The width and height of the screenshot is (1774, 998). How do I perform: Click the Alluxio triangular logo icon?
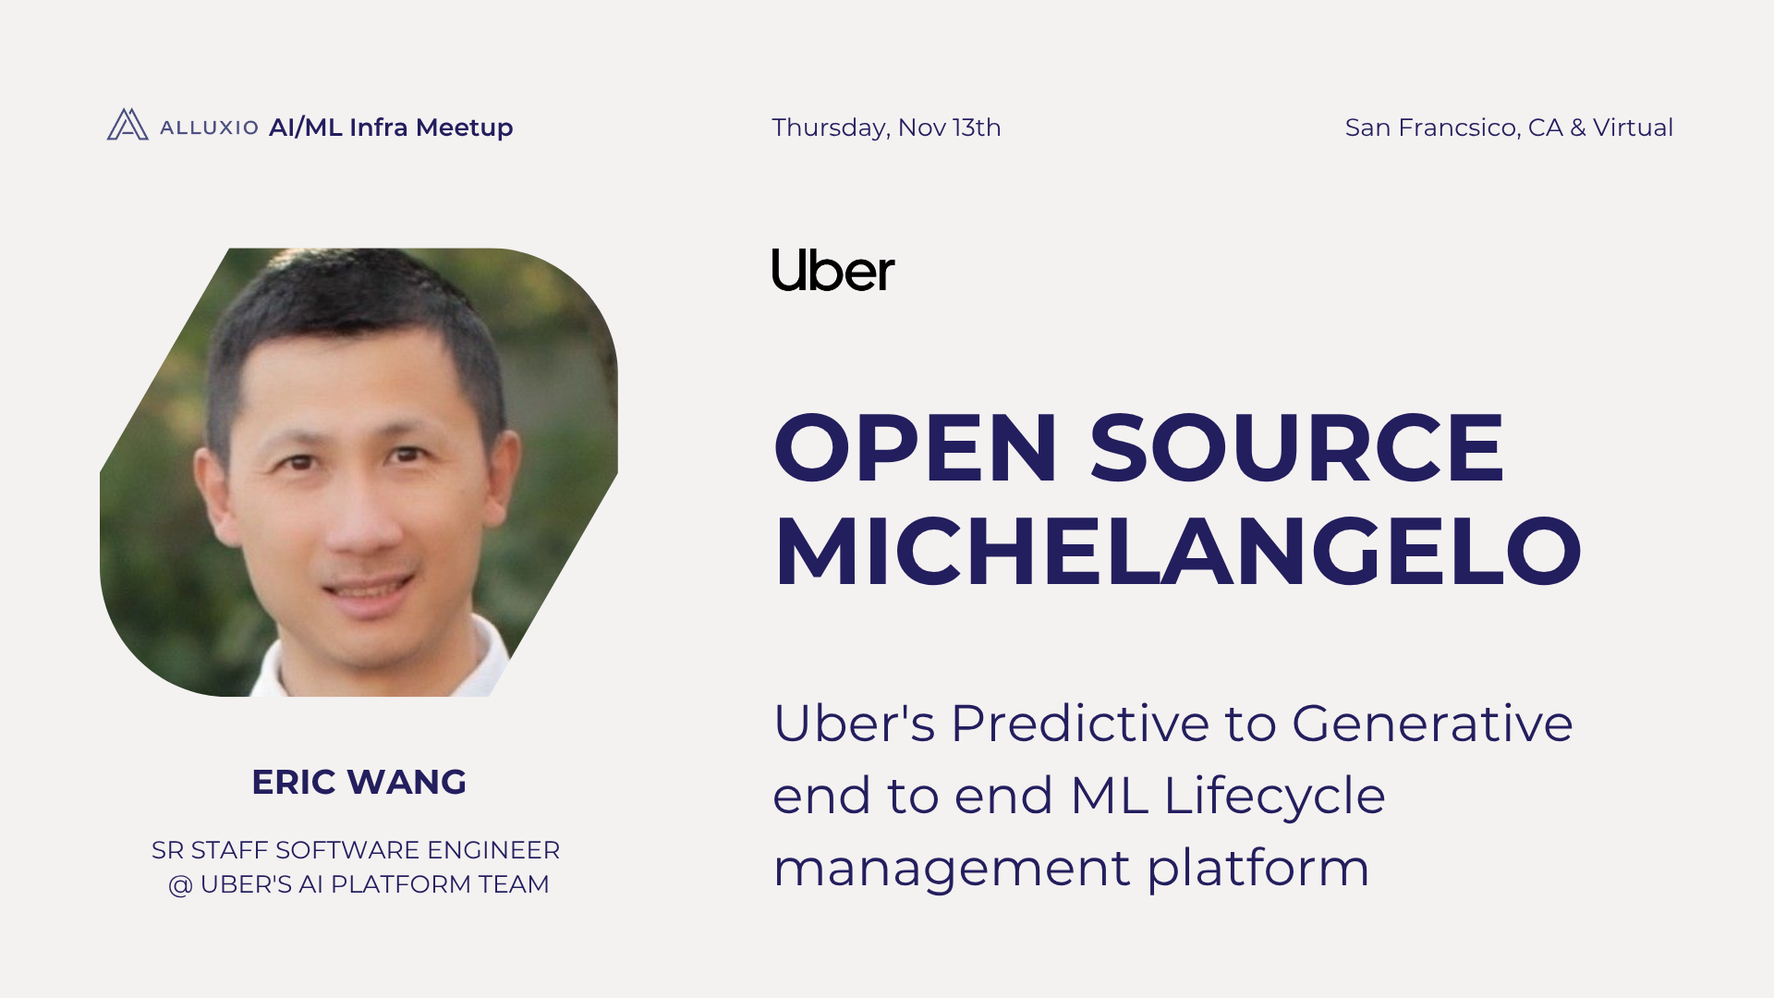point(128,125)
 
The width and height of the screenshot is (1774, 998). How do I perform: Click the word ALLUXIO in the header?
point(209,128)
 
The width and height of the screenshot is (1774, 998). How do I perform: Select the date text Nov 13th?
point(949,128)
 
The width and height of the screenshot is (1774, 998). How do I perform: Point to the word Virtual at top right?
point(1633,128)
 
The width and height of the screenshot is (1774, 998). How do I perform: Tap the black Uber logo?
point(832,270)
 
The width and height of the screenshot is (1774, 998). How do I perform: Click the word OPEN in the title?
point(915,448)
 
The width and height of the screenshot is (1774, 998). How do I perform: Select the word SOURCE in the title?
point(1297,448)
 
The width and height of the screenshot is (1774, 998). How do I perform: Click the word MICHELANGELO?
point(1177,553)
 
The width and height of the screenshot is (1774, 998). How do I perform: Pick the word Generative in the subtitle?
point(1431,723)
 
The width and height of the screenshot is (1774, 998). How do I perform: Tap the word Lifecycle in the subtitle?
point(1274,796)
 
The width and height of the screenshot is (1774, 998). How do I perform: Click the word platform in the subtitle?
point(1258,869)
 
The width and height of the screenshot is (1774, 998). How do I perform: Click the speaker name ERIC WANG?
point(358,782)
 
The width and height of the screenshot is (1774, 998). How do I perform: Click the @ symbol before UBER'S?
point(180,885)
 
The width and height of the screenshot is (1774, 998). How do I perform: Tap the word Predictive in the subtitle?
point(1079,723)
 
